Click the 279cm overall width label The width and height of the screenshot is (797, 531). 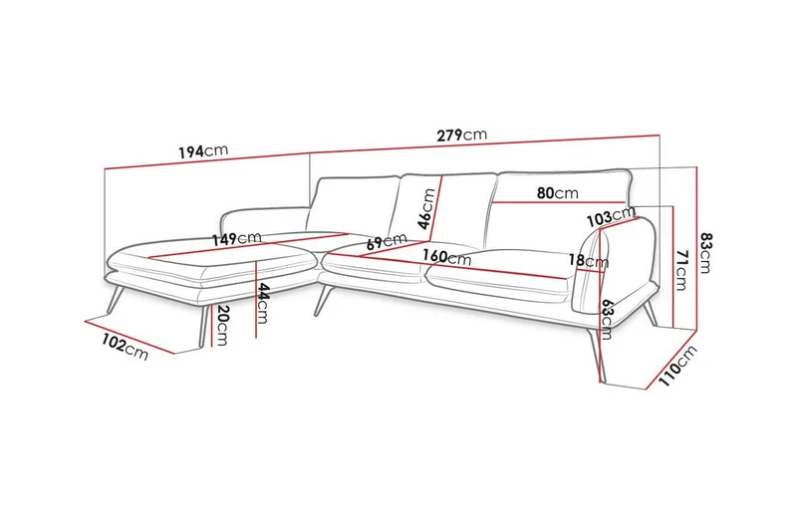click(461, 134)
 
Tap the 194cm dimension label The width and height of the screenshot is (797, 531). click(203, 150)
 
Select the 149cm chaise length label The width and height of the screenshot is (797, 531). click(237, 238)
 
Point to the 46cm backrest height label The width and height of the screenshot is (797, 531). click(426, 208)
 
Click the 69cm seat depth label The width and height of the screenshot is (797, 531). click(387, 241)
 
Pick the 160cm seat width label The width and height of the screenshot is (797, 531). click(446, 257)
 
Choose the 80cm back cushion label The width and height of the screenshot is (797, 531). click(558, 193)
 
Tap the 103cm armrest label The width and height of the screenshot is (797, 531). click(612, 217)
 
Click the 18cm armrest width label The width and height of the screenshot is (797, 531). click(588, 261)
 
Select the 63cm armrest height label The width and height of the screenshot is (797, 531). click(607, 319)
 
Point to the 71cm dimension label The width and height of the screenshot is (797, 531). click(680, 270)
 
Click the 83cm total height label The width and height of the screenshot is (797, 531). click(705, 252)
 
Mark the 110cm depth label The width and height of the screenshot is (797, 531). click(677, 366)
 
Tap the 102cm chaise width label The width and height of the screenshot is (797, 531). click(126, 348)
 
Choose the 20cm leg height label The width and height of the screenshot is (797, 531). click(221, 326)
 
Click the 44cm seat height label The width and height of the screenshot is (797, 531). click(261, 303)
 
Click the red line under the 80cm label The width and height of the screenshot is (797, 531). click(559, 202)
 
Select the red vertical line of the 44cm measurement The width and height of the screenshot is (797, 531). click(256, 299)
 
